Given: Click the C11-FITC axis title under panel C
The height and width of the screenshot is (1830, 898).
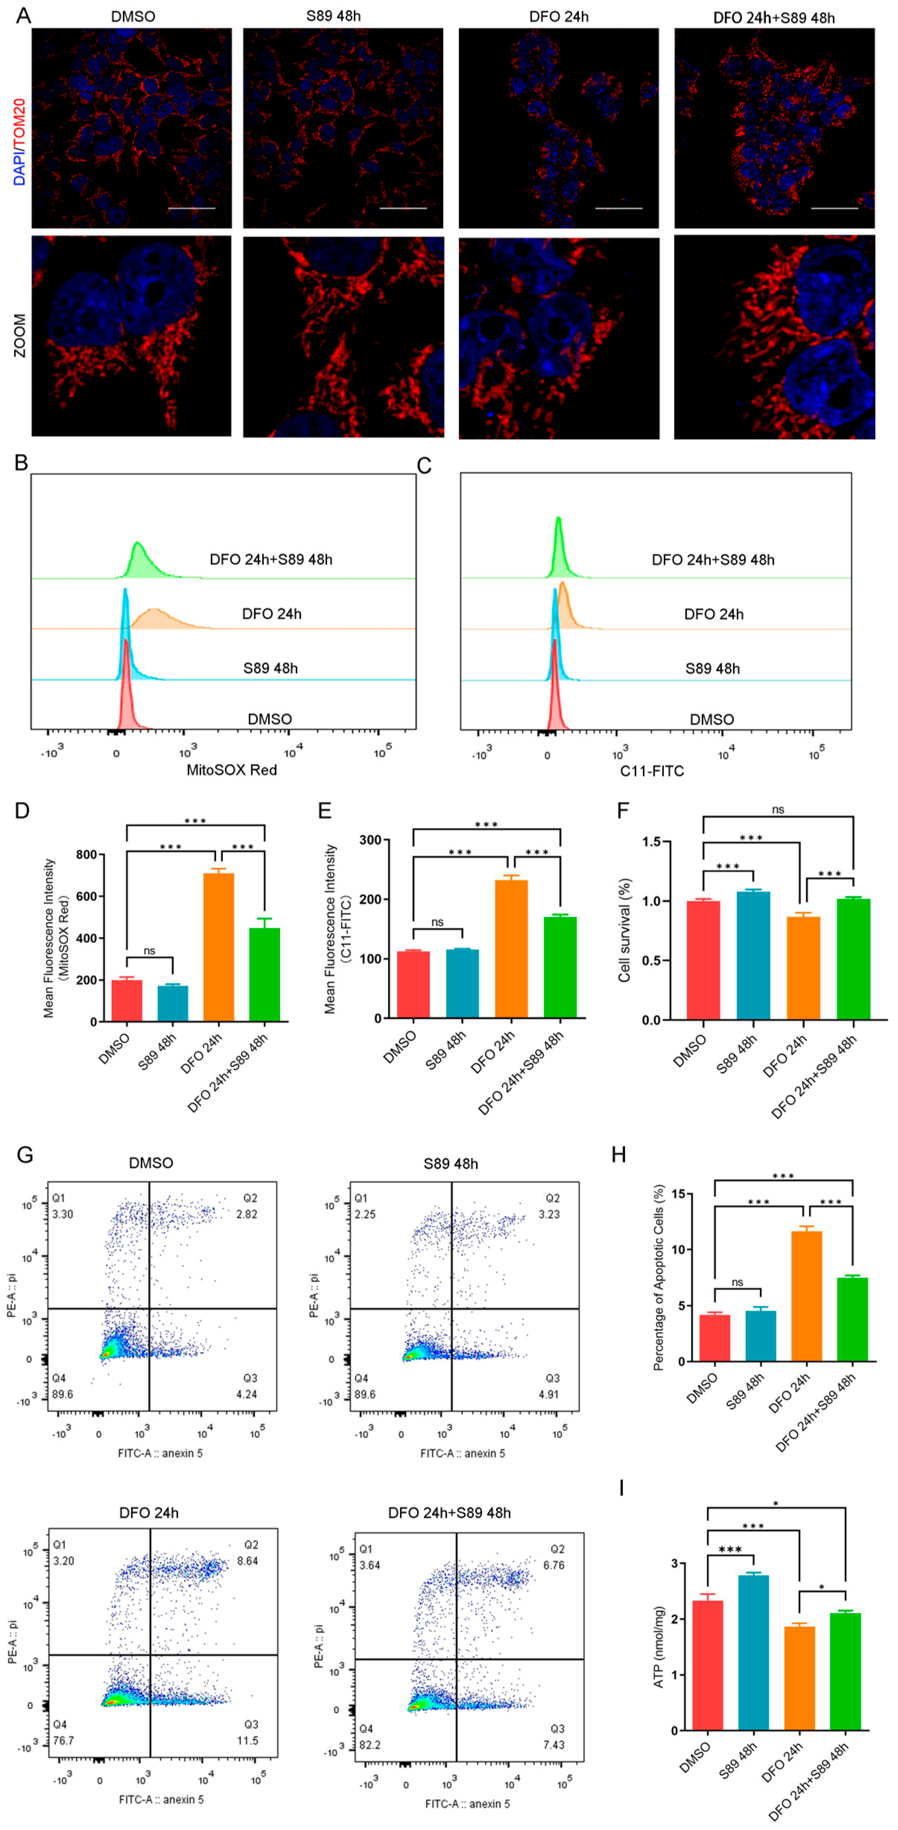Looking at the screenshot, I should [x=651, y=771].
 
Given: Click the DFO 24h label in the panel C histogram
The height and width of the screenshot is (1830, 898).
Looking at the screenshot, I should [x=713, y=614].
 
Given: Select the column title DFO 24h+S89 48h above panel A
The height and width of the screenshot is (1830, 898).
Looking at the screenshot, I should [x=774, y=17].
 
